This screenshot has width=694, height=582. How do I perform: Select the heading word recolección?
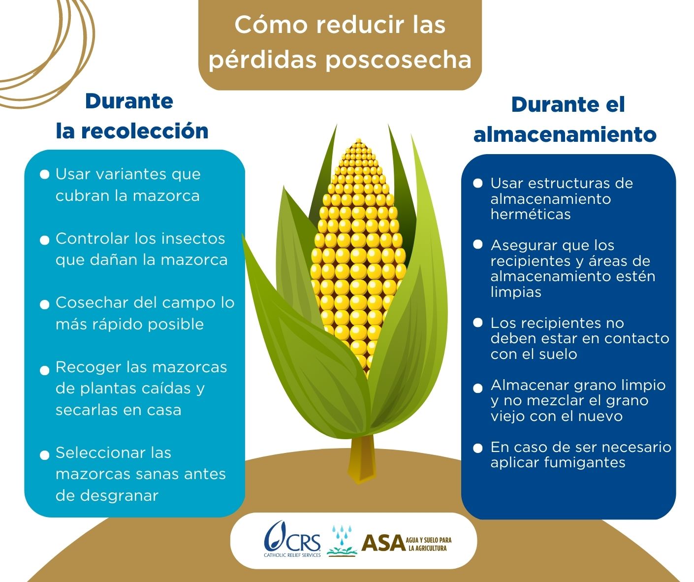pyautogui.click(x=145, y=130)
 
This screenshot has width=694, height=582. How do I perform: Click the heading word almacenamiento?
pyautogui.click(x=565, y=135)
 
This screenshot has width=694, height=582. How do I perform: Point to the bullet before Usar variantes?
pyautogui.click(x=44, y=174)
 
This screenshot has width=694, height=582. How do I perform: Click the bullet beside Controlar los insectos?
pyautogui.click(x=44, y=240)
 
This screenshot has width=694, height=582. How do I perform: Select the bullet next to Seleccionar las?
pyautogui.click(x=44, y=455)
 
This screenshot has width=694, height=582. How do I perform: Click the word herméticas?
pyautogui.click(x=531, y=214)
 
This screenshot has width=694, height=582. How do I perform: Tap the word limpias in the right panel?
pyautogui.click(x=516, y=292)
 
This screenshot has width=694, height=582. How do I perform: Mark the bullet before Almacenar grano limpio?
pyautogui.click(x=477, y=388)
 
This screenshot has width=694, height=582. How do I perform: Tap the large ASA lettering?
pyautogui.click(x=383, y=543)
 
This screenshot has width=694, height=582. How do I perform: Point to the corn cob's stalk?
pyautogui.click(x=362, y=458)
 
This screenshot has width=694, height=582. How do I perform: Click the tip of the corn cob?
pyautogui.click(x=358, y=140)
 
